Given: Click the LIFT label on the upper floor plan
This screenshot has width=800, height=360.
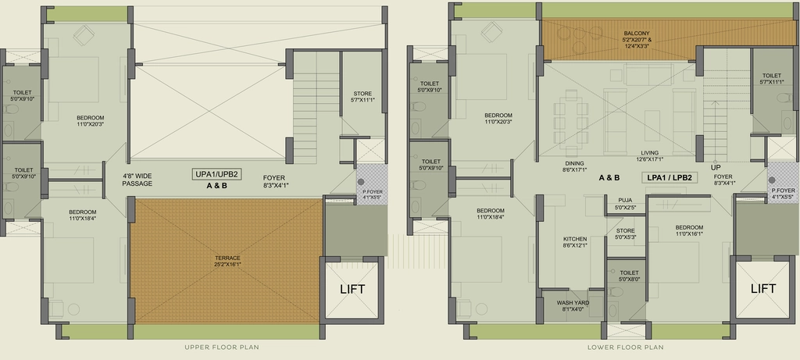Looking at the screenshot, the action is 352,289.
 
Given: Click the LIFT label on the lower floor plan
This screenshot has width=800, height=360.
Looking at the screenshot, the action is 763,289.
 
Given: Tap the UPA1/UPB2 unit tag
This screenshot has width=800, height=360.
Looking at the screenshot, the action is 217,174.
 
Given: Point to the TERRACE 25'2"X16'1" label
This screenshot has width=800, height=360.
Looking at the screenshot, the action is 227,261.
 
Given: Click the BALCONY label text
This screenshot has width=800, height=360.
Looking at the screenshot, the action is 637,33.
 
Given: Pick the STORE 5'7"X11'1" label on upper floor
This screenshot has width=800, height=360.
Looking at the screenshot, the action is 362,97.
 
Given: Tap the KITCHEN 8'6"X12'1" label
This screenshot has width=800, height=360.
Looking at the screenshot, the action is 575,242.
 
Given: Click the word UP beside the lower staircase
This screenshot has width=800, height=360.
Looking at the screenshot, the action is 716,167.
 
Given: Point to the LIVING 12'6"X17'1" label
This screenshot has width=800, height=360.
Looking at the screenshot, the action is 649,156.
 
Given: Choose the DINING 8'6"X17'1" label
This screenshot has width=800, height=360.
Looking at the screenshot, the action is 574,167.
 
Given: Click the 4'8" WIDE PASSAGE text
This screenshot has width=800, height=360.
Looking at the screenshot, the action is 137,180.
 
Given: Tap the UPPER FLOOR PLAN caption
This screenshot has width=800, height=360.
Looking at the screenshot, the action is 222,348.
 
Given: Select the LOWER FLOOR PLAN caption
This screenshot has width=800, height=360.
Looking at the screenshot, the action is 626,348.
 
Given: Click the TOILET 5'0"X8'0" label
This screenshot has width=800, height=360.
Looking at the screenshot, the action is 629,276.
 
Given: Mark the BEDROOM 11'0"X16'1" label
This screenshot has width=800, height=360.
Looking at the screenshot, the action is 689,230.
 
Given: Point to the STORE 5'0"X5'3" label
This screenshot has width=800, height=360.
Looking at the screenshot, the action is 625,234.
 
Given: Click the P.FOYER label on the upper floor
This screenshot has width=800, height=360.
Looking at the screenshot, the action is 372,194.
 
